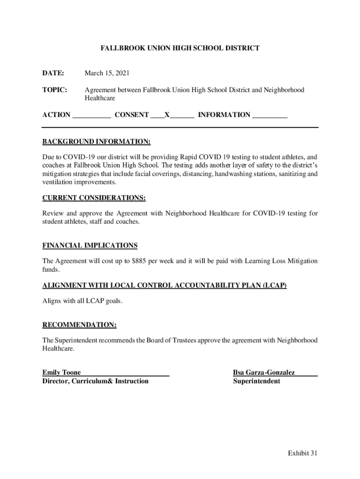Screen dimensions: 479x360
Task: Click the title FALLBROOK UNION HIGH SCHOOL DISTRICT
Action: [180, 48]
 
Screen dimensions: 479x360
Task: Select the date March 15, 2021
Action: [107, 73]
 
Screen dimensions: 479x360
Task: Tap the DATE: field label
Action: [53, 73]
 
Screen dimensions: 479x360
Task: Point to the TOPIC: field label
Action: [55, 89]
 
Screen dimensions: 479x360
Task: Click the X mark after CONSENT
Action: [167, 115]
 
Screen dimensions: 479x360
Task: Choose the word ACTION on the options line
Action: [56, 115]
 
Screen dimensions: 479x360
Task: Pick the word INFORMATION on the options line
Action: [224, 115]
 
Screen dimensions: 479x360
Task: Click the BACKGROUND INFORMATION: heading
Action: [96, 142]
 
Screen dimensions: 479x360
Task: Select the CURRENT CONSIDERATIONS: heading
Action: [94, 198]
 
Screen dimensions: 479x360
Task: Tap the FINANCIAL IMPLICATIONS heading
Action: [90, 246]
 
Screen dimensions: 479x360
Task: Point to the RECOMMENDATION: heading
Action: [79, 325]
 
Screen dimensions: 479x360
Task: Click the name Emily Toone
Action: [62, 373]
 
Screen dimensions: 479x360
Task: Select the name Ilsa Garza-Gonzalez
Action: [264, 373]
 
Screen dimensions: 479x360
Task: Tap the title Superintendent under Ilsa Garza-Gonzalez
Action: [257, 381]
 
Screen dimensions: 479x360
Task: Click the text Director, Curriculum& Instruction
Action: [95, 381]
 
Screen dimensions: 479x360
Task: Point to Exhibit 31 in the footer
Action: [302, 453]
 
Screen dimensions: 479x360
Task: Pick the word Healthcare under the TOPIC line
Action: [100, 99]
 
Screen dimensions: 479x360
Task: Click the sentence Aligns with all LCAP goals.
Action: [82, 301]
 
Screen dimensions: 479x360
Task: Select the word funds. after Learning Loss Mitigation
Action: [51, 270]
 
